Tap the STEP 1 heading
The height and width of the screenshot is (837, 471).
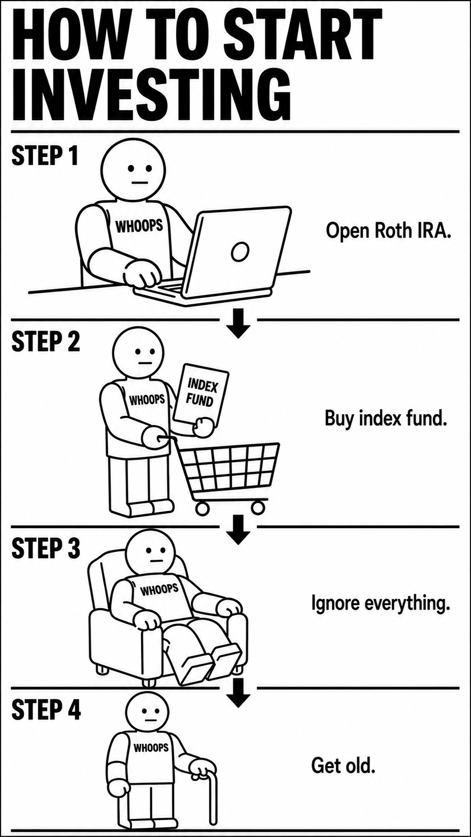coord(45,156)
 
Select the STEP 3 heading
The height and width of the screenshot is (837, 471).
coord(46,548)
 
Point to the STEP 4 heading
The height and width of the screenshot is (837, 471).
coord(46,709)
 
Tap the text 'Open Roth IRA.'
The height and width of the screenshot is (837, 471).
coord(388,231)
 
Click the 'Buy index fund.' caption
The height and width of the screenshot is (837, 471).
coord(385,418)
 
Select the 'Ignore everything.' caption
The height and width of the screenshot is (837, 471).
coord(380,603)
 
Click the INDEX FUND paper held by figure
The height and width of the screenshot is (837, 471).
coord(201,395)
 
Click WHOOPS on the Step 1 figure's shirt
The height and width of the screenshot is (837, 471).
coord(139,226)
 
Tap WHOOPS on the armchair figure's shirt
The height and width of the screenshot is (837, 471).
coord(159,589)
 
